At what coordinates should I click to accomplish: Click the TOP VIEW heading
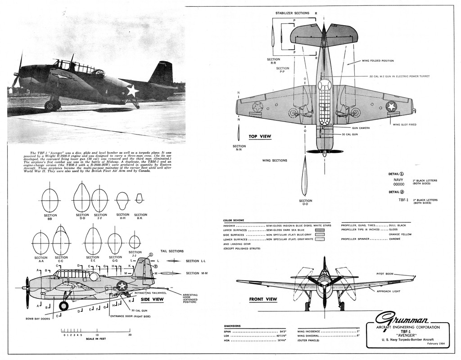point(260,136)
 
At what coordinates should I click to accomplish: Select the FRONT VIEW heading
point(263,299)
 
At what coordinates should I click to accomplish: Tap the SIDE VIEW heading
point(152,299)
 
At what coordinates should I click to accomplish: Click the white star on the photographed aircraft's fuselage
point(132,90)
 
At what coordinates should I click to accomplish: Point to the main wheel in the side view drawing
point(63,306)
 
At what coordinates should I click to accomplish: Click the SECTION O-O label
point(305,202)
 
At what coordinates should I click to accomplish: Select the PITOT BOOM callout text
point(385,274)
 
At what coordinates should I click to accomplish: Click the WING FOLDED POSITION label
point(378,61)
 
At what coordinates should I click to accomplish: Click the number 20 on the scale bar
point(130,335)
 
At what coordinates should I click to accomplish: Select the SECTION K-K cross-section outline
point(139,198)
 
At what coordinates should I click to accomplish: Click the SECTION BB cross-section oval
point(50,200)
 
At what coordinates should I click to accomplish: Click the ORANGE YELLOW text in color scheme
point(400,234)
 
